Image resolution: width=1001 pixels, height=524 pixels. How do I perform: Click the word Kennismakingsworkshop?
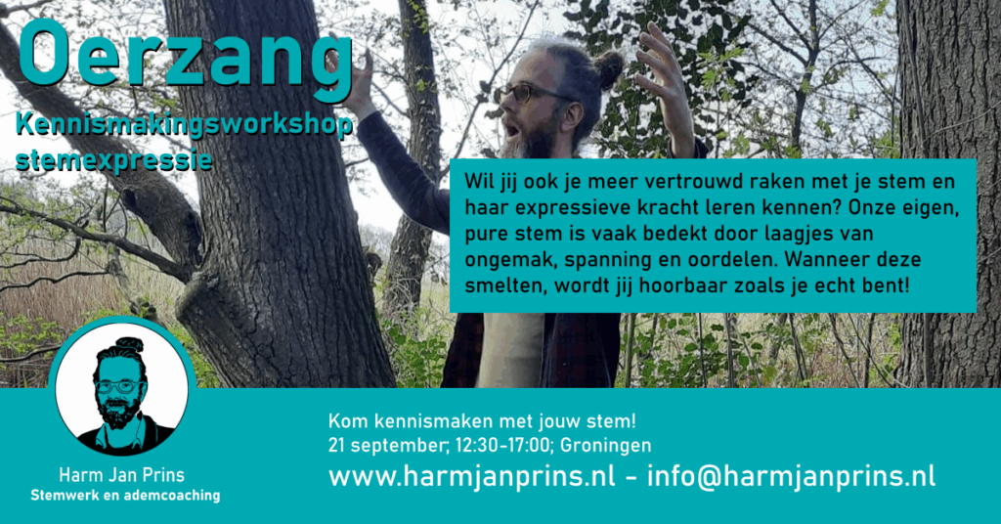click(x=184, y=125)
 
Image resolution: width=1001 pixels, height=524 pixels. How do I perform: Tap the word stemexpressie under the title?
click(x=113, y=160)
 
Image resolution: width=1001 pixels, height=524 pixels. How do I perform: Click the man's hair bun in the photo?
click(x=608, y=69)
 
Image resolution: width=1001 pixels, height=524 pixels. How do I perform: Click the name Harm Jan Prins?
click(x=121, y=475)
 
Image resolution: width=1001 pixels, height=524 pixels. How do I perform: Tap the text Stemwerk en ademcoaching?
click(x=125, y=496)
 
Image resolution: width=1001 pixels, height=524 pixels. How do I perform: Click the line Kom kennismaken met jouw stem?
click(x=482, y=421)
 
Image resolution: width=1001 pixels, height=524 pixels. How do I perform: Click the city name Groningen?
click(x=606, y=446)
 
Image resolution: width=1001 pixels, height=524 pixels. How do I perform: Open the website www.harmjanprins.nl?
click(x=472, y=477)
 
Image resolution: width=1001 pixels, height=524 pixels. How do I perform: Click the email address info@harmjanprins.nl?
click(x=792, y=477)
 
